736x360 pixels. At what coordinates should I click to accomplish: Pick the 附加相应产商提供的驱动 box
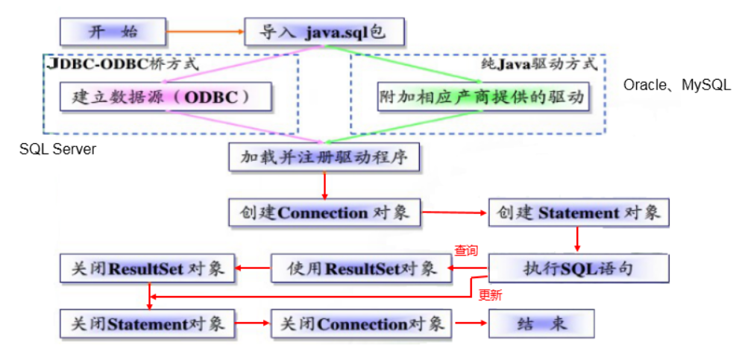[x=480, y=97]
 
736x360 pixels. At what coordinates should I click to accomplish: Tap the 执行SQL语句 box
[x=578, y=268]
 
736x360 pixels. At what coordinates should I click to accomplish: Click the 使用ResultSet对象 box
[x=362, y=268]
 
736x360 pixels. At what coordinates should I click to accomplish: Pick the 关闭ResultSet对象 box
[x=148, y=268]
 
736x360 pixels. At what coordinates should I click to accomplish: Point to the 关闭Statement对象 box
[x=147, y=324]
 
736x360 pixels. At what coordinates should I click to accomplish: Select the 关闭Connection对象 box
[x=362, y=324]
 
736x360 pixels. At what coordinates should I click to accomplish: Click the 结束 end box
[x=541, y=324]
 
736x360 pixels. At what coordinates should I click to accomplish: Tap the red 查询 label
[x=466, y=251]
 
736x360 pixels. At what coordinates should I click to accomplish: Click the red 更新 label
[x=490, y=294]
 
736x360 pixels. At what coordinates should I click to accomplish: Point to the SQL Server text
[x=57, y=150]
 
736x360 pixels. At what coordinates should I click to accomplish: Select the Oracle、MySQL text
[x=676, y=85]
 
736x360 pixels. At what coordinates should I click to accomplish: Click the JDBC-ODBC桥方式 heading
[x=123, y=63]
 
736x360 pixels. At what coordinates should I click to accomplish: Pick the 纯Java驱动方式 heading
[x=539, y=63]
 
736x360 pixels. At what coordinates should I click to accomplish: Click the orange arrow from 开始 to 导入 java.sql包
[x=205, y=32]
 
